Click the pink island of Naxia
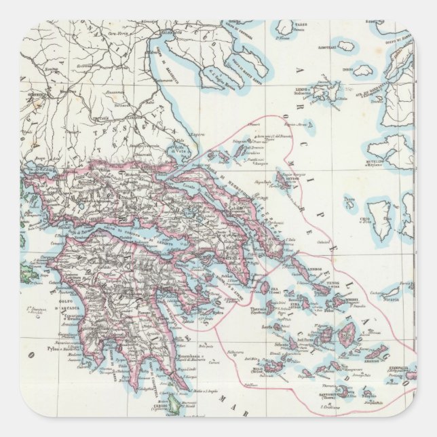coord(346,332)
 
